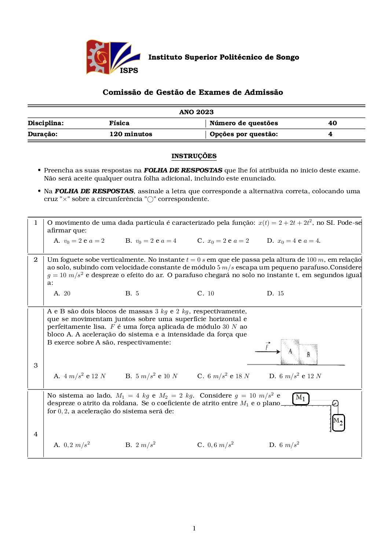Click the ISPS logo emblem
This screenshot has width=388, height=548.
pos(113,57)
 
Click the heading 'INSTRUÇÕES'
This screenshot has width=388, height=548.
pos(194,156)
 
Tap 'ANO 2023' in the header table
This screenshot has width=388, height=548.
pos(196,112)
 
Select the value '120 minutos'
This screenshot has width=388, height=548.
pos(131,134)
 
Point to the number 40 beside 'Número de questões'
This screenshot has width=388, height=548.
pos(332,123)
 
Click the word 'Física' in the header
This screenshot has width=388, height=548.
pos(119,123)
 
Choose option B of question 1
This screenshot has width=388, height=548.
pos(151,241)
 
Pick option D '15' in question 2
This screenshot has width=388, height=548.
pos(275,293)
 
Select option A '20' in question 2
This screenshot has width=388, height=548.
pos(62,293)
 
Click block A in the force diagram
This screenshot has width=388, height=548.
pos(290,352)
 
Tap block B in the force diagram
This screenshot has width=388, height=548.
pos(308,354)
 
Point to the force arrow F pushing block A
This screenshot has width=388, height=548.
pos(267,351)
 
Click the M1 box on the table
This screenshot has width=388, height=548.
pos(301,398)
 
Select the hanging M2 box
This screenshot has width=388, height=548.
pos(338,422)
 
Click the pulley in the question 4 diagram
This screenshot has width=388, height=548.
pos(335,403)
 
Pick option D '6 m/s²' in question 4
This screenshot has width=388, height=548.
pos(284,445)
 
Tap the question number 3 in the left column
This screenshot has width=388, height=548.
pos(36,365)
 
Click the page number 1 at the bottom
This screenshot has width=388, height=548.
pos(194,528)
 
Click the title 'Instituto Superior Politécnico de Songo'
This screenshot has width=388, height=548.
pos(223,57)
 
